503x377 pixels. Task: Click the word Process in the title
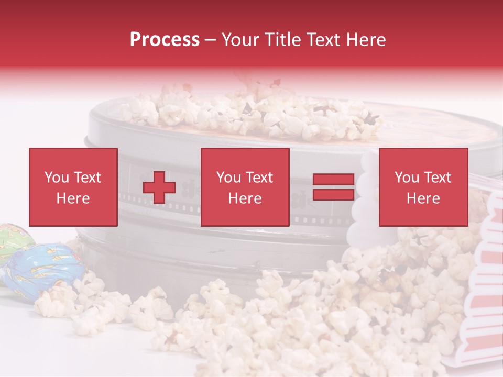pyautogui.click(x=165, y=40)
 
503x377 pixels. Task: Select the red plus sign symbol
pyautogui.click(x=159, y=187)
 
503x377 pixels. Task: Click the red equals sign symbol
pyautogui.click(x=333, y=187)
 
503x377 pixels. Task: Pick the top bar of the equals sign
pyautogui.click(x=333, y=180)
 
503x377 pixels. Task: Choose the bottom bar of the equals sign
pyautogui.click(x=333, y=194)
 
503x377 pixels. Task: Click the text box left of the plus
pyautogui.click(x=73, y=187)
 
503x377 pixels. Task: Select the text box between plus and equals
pyautogui.click(x=245, y=187)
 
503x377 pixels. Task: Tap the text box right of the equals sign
pyautogui.click(x=423, y=187)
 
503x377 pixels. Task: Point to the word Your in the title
pyautogui.click(x=240, y=40)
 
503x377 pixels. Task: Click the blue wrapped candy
pyautogui.click(x=45, y=267)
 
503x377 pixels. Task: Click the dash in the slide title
pyautogui.click(x=210, y=40)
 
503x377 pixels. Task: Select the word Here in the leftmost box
pyautogui.click(x=73, y=198)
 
